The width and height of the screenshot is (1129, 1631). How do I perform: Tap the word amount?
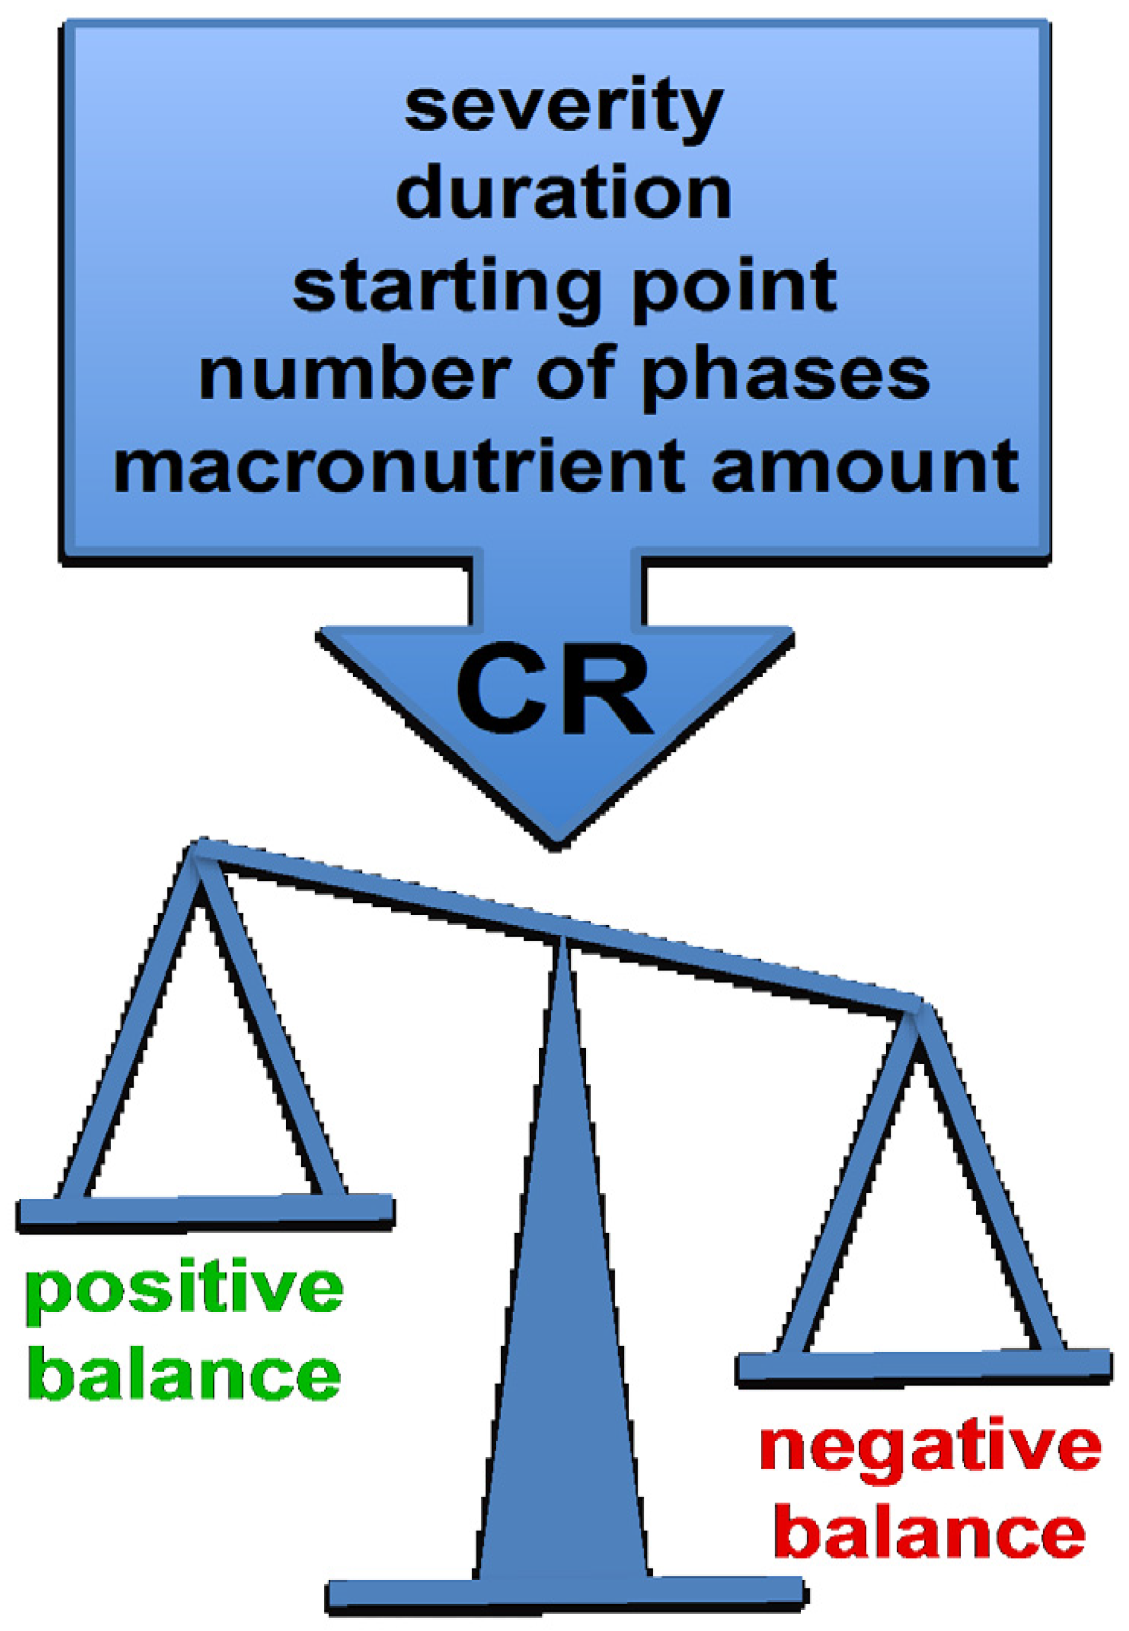tap(865, 467)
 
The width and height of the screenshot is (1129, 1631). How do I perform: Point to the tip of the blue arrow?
tap(557, 841)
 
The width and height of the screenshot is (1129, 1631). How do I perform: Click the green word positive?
tap(183, 1289)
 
